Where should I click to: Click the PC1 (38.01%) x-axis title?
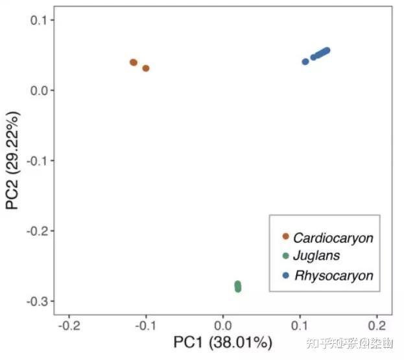pyautogui.click(x=222, y=342)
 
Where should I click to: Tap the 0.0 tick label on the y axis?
pyautogui.click(x=38, y=90)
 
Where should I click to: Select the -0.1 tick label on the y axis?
pyautogui.click(x=36, y=160)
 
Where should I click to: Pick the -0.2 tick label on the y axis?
pyautogui.click(x=36, y=231)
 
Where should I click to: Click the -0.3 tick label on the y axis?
pyautogui.click(x=36, y=301)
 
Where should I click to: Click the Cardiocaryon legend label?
pyautogui.click(x=333, y=237)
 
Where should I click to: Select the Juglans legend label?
pyautogui.click(x=316, y=256)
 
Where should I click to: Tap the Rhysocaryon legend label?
pyautogui.click(x=334, y=275)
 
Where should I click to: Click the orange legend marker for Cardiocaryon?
pyautogui.click(x=286, y=237)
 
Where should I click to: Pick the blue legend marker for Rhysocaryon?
pyautogui.click(x=286, y=275)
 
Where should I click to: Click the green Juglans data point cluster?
pyautogui.click(x=238, y=286)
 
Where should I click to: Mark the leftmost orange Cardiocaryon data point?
pyautogui.click(x=134, y=62)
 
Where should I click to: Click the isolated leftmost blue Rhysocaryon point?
pyautogui.click(x=305, y=62)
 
